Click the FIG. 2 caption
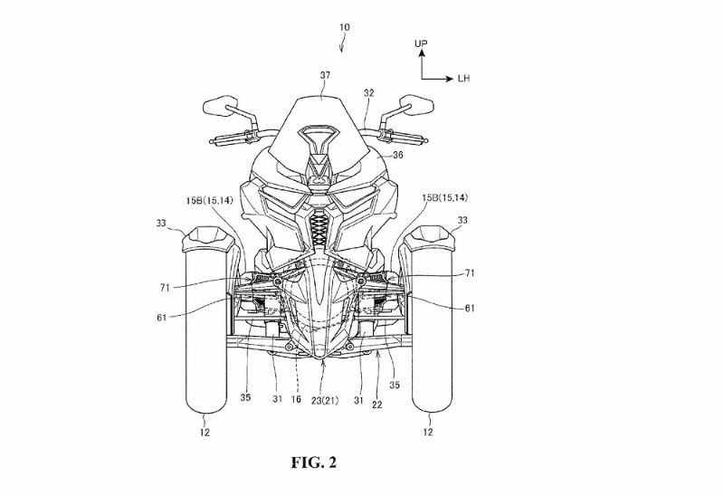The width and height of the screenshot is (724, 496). (313, 463)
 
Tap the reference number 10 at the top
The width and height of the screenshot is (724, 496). (345, 27)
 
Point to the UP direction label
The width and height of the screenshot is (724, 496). (421, 43)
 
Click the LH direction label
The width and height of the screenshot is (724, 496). (463, 79)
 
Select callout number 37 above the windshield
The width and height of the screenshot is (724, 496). (325, 75)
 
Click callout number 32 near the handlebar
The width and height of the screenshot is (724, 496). (368, 93)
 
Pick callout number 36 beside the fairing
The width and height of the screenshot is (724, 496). (397, 155)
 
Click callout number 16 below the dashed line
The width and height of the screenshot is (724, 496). (296, 399)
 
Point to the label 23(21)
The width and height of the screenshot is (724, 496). (324, 401)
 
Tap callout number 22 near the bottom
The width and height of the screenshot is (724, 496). (377, 405)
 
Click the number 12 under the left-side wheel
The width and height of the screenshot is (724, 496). (205, 433)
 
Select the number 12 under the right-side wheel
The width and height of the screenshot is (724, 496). (428, 432)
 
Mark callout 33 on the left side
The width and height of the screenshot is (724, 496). (161, 224)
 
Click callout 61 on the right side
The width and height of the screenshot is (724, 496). (470, 308)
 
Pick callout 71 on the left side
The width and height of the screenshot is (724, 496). (166, 288)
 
